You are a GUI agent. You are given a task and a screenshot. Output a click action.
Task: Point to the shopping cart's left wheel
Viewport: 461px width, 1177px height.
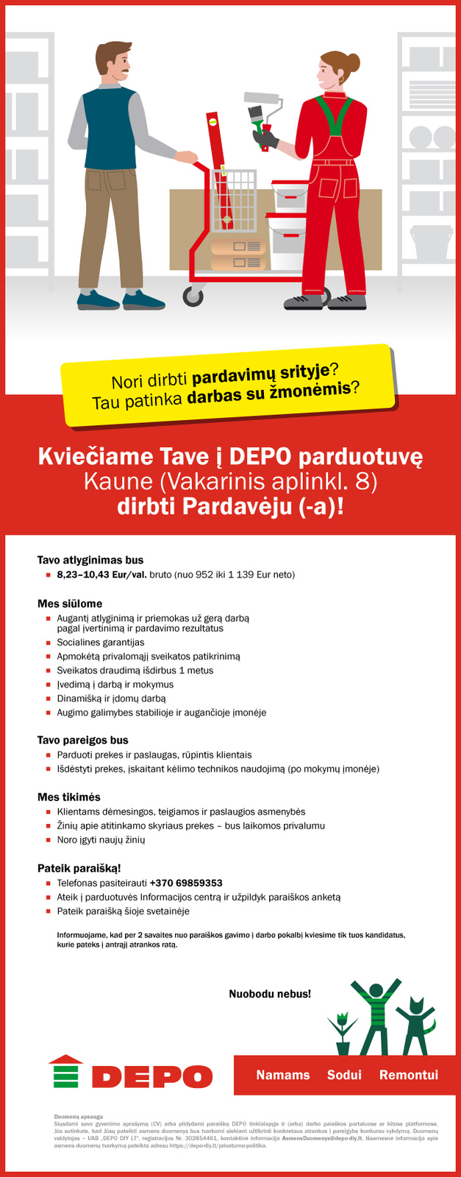(193, 296)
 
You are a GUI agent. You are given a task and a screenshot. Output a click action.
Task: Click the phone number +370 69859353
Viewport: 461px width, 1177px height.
(186, 883)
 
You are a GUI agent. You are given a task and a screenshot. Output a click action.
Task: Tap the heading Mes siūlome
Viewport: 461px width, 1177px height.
(70, 603)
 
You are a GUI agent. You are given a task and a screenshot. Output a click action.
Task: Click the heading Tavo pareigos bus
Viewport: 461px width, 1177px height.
(83, 740)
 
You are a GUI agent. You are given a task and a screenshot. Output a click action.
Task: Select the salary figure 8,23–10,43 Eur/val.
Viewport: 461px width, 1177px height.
(101, 575)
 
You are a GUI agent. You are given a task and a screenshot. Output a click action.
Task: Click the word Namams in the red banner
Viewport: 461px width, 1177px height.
(283, 1075)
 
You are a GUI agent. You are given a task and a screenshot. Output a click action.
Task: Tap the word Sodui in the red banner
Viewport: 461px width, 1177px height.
(344, 1075)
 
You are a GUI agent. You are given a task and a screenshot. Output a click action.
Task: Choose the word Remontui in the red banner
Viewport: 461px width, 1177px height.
(408, 1075)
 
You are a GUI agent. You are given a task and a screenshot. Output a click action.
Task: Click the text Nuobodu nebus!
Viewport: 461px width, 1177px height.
(270, 994)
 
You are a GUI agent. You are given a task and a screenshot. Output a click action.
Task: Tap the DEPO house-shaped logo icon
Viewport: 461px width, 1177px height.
(65, 1071)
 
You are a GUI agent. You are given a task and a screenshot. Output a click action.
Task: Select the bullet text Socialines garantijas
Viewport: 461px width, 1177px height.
(101, 642)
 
